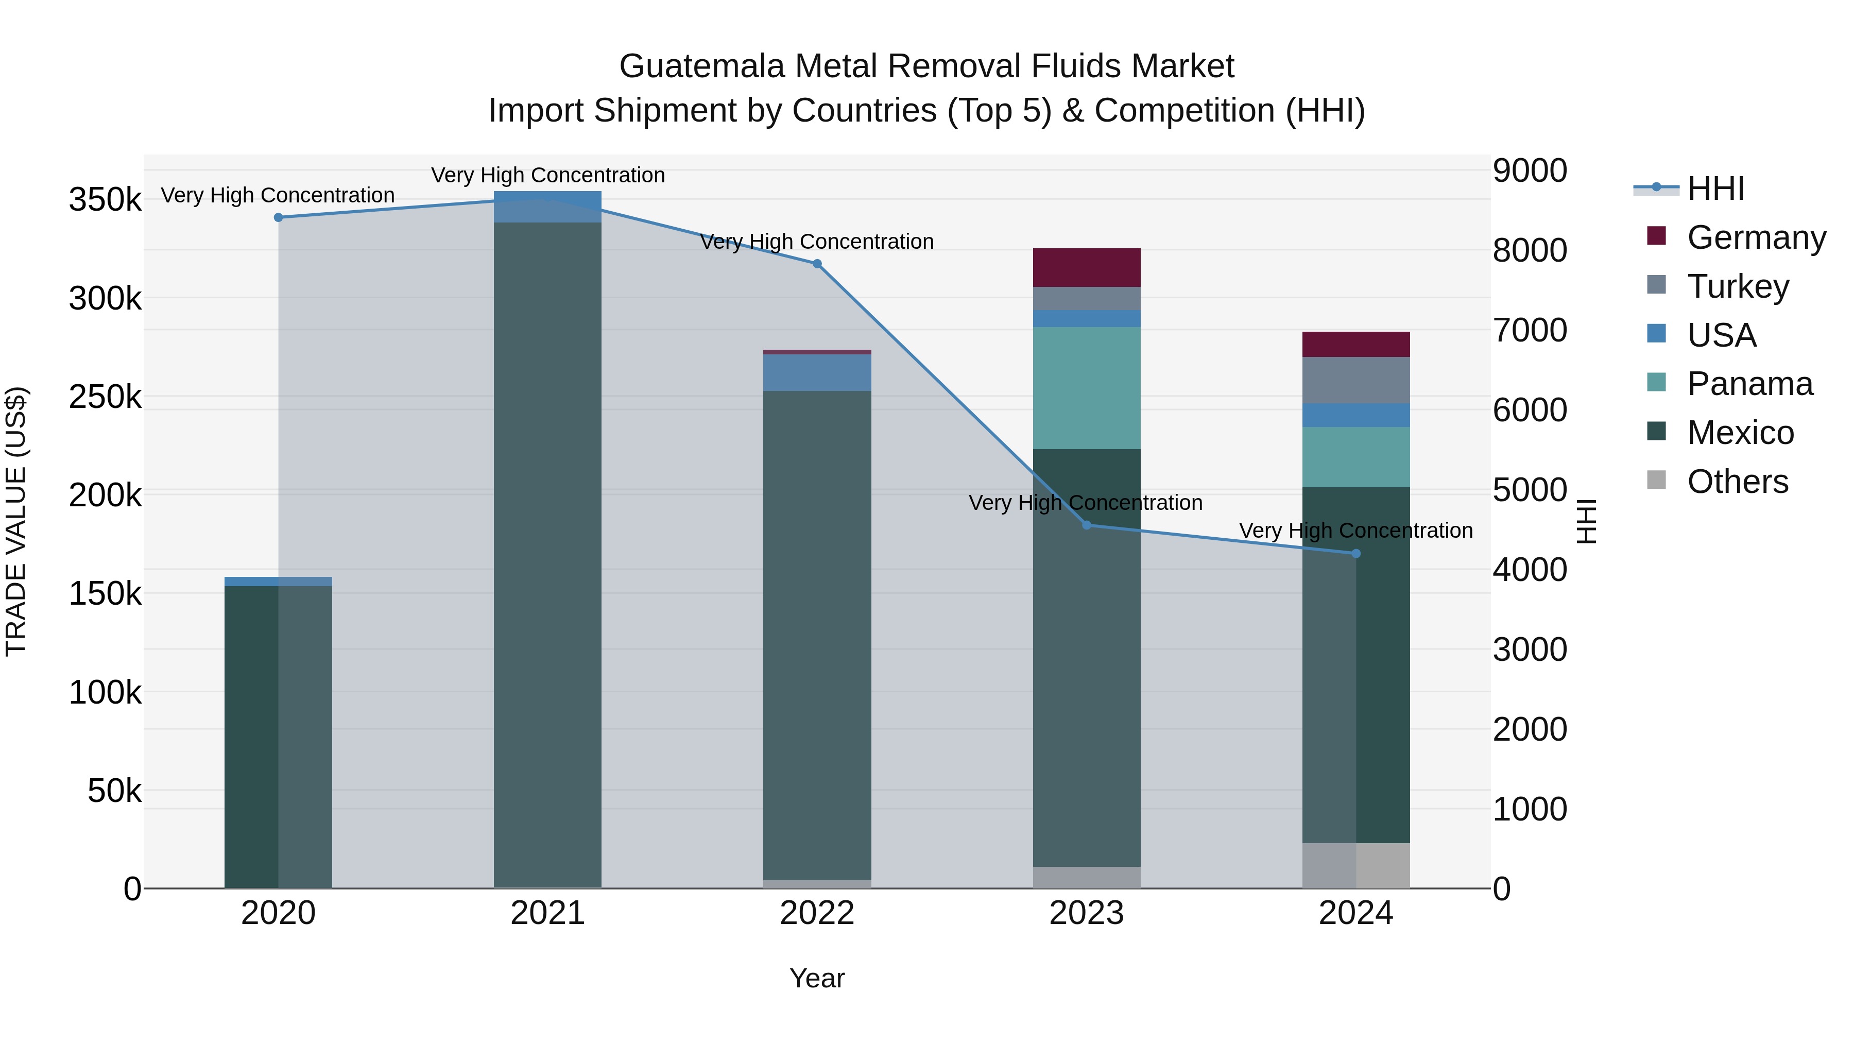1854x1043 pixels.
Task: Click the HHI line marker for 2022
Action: tap(817, 264)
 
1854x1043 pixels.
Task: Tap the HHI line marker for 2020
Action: tap(279, 217)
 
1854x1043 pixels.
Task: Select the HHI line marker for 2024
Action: tap(1356, 554)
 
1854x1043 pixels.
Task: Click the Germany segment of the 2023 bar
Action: tap(1087, 268)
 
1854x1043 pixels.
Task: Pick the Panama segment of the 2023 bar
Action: tap(1087, 388)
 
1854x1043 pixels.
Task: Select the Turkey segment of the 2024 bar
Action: tap(1356, 380)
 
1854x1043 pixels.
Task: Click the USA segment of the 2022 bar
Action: tap(817, 372)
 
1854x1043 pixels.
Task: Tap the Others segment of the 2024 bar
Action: tap(1356, 865)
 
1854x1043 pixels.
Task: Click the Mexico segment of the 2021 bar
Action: tap(548, 554)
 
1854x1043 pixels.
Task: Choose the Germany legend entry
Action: tap(1756, 237)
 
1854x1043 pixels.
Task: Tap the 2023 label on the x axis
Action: tap(1087, 913)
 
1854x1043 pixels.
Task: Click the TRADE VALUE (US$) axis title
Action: tap(16, 521)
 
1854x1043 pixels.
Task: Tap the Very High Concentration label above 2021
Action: tap(548, 175)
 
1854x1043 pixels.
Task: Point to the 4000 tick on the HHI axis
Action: tap(1530, 569)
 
